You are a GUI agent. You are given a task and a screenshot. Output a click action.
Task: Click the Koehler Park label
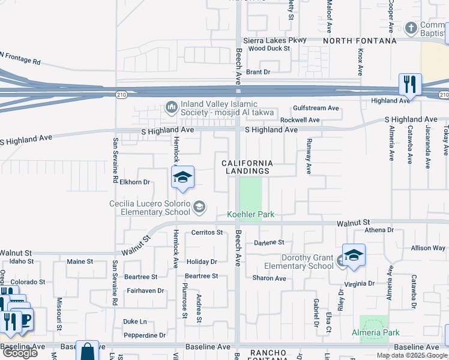click(x=250, y=214)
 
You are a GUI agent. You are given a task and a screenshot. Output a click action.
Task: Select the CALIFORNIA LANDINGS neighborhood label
click(x=247, y=167)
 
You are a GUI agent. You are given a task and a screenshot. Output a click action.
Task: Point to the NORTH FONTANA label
click(x=360, y=41)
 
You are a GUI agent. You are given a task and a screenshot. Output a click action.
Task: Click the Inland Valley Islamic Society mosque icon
click(x=171, y=107)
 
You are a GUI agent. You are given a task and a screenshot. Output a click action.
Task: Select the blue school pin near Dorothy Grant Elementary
click(x=354, y=256)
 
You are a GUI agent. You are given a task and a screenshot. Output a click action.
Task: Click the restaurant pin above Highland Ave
click(x=410, y=85)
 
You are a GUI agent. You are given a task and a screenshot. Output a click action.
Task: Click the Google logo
click(x=20, y=353)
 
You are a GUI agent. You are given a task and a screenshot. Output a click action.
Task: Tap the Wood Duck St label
click(x=269, y=49)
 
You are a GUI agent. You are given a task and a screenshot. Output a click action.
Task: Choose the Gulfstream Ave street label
click(x=316, y=109)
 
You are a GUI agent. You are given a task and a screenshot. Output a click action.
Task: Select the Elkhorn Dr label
click(x=134, y=182)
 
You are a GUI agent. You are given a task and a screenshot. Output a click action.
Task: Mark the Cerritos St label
click(x=207, y=232)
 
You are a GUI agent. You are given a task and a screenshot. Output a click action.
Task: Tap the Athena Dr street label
click(x=379, y=230)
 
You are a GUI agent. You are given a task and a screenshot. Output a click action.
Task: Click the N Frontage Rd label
click(x=20, y=58)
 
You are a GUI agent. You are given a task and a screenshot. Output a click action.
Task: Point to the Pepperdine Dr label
click(x=145, y=335)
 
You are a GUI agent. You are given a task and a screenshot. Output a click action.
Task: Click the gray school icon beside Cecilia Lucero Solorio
click(x=199, y=208)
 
